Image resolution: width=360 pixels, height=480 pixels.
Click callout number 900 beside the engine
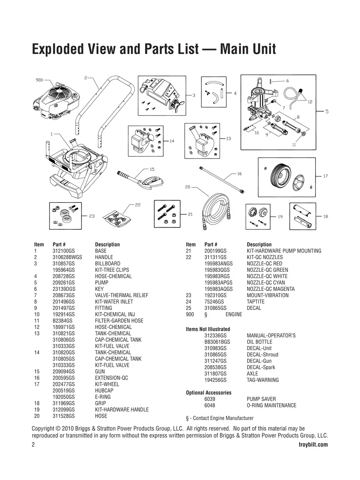pos(39,80)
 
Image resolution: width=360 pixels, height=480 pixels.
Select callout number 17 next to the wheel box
pos(325,176)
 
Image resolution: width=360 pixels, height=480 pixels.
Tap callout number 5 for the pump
pos(327,112)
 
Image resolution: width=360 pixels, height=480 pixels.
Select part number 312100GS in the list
pos(64,251)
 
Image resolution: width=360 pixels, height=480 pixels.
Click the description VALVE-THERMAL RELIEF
pos(122,295)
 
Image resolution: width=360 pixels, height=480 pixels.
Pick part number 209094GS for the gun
pos(64,372)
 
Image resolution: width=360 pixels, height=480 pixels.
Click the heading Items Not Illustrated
pos(208,329)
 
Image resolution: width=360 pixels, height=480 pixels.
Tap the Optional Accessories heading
pos(209,393)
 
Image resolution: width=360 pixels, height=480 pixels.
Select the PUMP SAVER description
pos(261,399)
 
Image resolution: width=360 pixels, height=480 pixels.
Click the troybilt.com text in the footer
pos(313,445)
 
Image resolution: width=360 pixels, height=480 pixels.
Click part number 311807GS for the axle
pos(215,374)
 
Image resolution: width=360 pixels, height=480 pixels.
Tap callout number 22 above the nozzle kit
pos(137,205)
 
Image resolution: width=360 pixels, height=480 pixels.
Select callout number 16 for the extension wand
pos(239,174)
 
